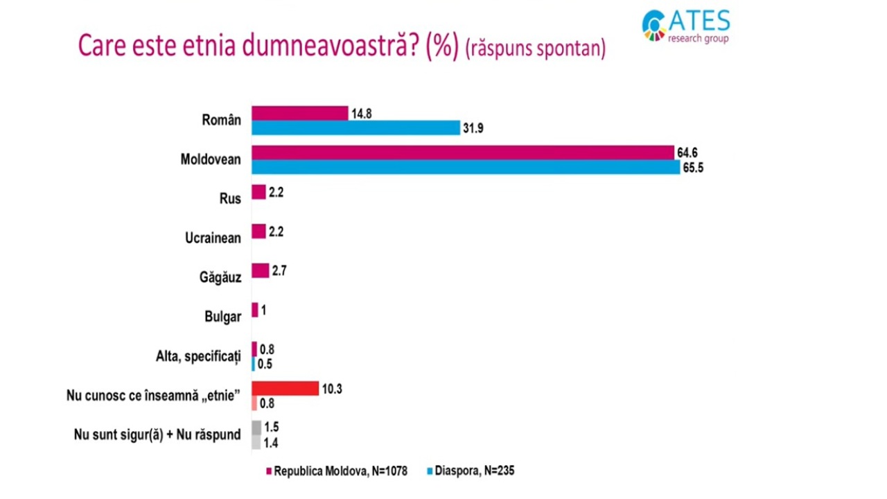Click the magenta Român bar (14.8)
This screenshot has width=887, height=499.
pos(299,113)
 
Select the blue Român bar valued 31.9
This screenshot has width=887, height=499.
pos(355,128)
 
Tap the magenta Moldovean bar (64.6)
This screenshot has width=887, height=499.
pos(462,152)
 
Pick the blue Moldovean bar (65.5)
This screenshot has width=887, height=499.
pos(465,168)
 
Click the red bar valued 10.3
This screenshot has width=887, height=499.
pos(285,388)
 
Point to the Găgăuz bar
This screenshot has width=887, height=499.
pos(260,270)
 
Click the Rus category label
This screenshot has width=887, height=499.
pos(230,198)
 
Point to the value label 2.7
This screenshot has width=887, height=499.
pos(279,270)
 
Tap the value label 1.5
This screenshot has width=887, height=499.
pos(272,427)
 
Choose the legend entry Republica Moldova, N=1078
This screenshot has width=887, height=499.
pos(337,471)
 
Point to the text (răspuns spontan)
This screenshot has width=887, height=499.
pos(536,49)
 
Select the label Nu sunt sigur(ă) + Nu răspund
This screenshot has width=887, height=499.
pos(157,435)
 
